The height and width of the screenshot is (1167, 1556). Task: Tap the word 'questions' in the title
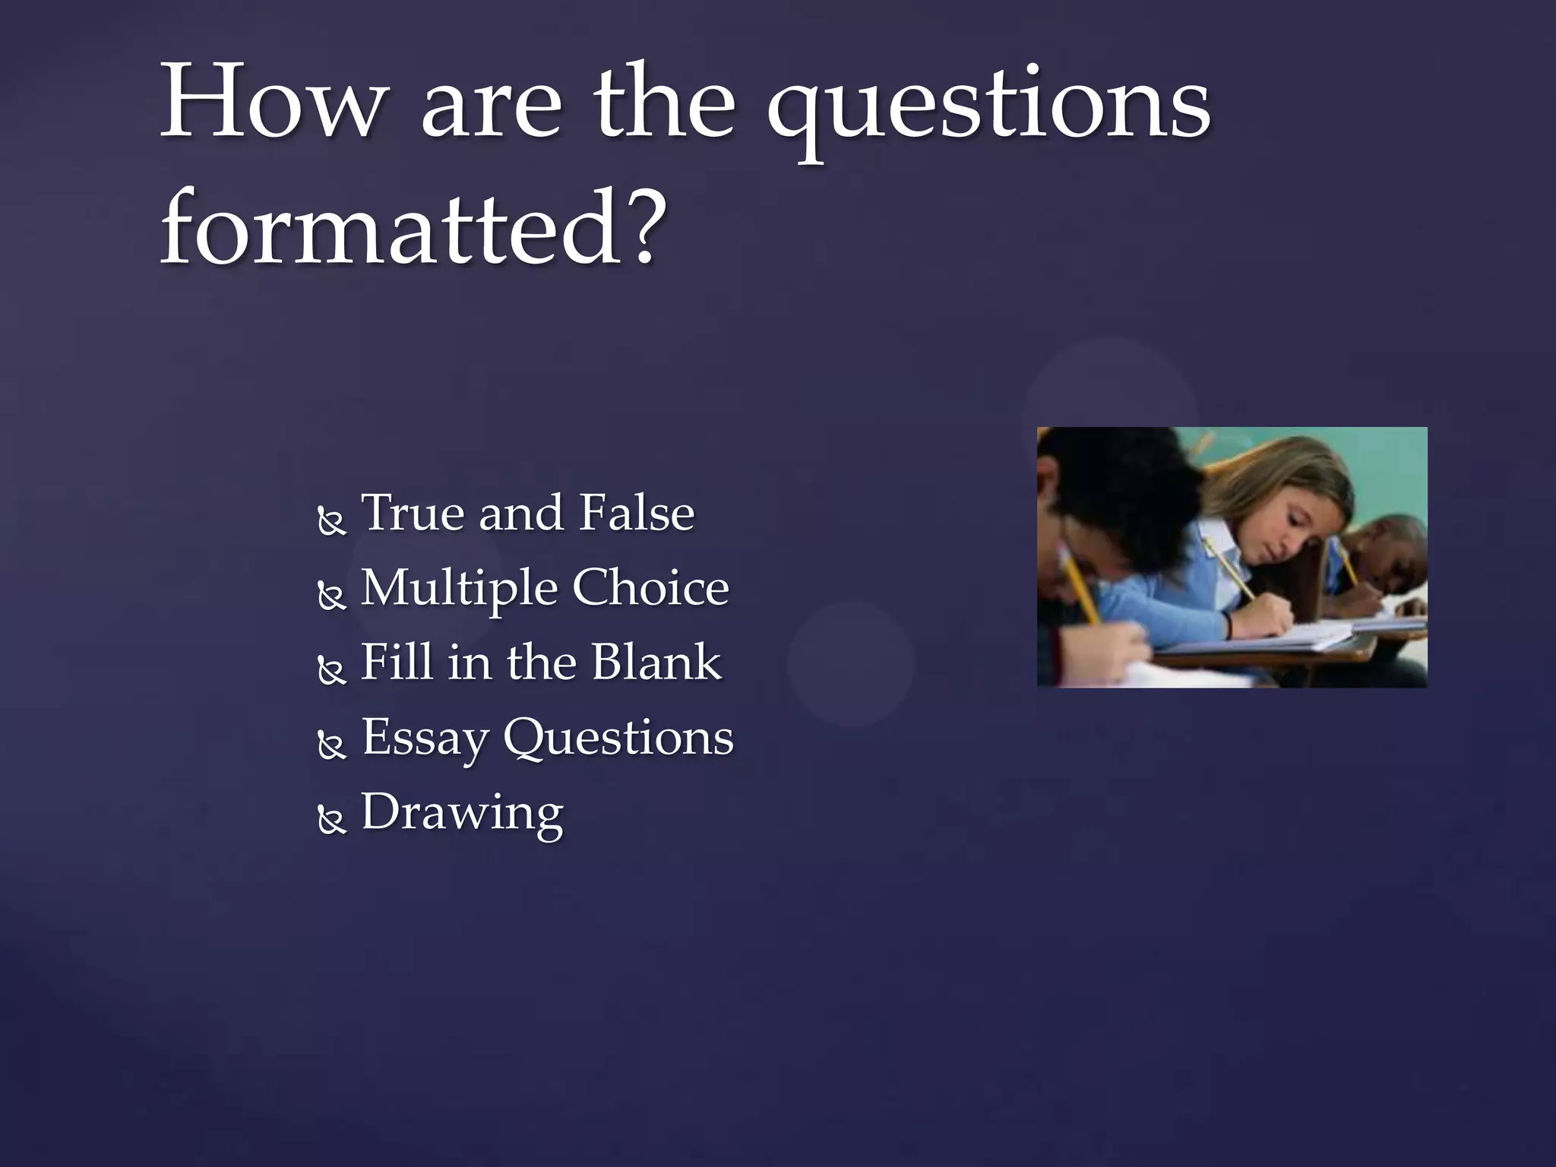coord(988,106)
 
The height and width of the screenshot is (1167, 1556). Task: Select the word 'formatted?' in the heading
coord(414,227)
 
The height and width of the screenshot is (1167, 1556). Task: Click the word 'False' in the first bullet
coord(637,512)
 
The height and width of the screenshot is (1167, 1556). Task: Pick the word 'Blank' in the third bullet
coord(656,661)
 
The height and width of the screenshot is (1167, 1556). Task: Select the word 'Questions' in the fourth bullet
coord(618,736)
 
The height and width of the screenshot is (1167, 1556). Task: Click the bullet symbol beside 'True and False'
coord(331,521)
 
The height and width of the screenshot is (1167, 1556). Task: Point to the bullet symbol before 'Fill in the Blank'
coord(331,671)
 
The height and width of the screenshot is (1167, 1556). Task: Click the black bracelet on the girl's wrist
coord(1228,625)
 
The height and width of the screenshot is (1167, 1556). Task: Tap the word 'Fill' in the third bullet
coord(396,661)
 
